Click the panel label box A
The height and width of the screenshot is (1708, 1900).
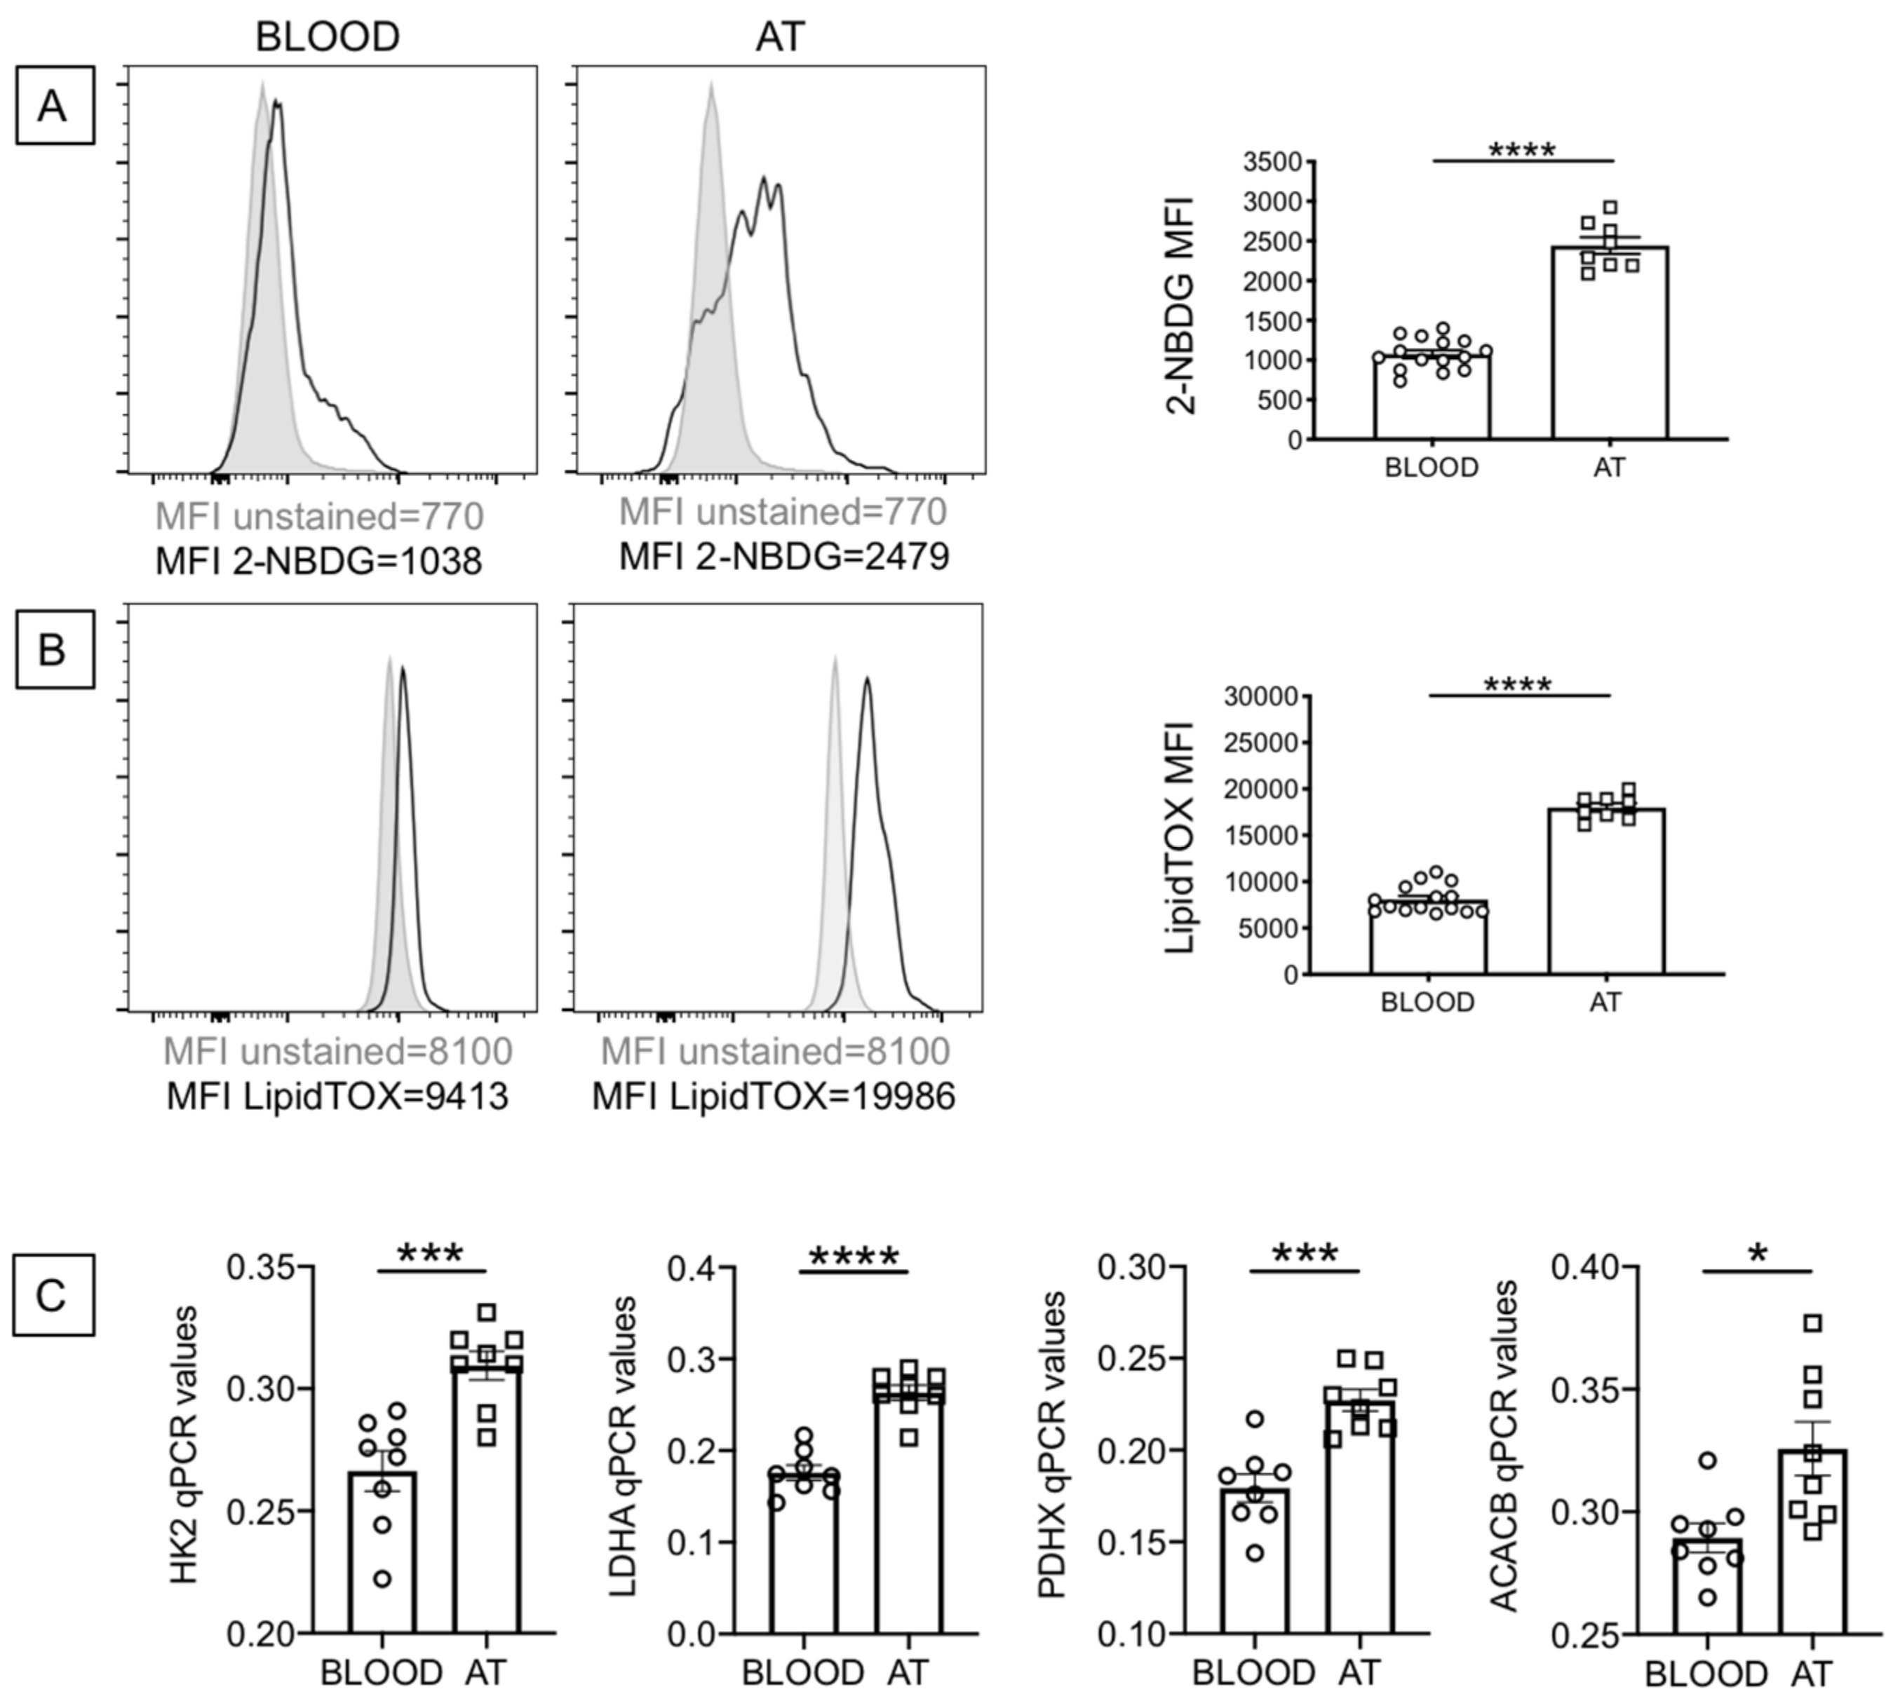[55, 105]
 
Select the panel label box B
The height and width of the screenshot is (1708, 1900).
[55, 649]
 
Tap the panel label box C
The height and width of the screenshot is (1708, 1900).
[53, 1295]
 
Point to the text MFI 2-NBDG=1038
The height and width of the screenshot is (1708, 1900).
[318, 561]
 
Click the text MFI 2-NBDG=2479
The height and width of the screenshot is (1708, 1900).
[784, 557]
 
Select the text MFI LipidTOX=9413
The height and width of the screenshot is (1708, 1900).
[337, 1096]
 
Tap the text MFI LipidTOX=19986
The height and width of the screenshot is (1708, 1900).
[773, 1096]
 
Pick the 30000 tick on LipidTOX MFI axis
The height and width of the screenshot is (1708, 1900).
[1261, 696]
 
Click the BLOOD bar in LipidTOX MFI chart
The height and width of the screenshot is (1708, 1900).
[1428, 938]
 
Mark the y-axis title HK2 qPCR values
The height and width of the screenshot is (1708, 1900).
[185, 1445]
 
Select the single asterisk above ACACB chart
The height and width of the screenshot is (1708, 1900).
[1758, 1256]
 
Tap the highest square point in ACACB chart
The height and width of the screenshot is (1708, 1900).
[1813, 1323]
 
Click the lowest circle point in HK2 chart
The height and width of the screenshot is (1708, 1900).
[382, 1580]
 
